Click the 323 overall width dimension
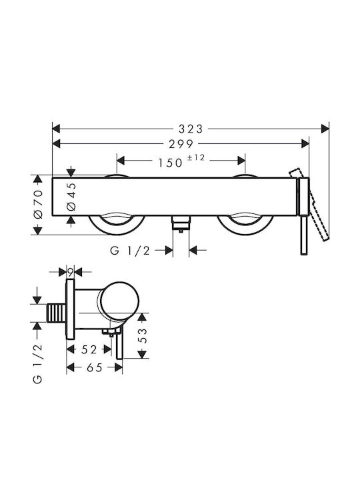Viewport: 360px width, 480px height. [x=191, y=129]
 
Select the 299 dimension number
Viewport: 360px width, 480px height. [x=181, y=144]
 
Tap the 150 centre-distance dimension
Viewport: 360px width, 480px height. [x=170, y=163]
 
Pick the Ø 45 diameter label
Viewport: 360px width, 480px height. [x=71, y=197]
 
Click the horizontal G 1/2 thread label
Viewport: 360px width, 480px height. [x=130, y=251]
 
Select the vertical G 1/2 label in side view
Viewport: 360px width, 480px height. [x=37, y=364]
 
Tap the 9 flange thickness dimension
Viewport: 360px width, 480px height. [x=71, y=271]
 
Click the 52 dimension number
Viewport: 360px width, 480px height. [x=89, y=349]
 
